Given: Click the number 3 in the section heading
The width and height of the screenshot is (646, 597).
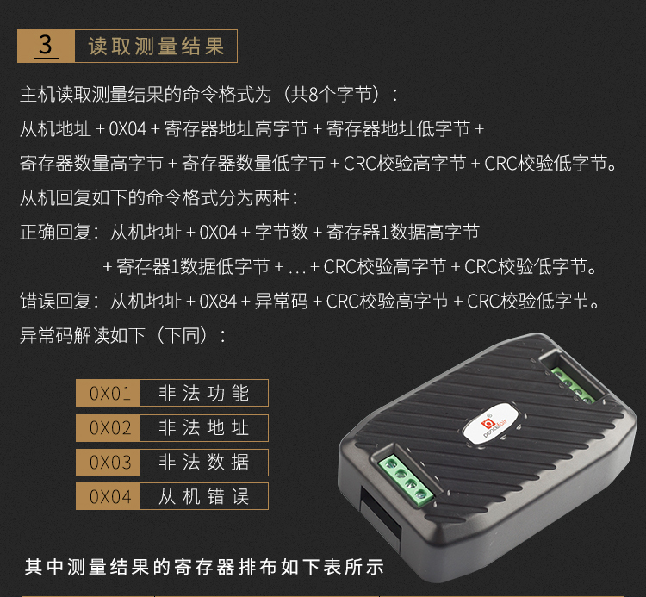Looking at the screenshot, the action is pos(46,45).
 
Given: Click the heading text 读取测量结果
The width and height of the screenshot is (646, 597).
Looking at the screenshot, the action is pos(156,46).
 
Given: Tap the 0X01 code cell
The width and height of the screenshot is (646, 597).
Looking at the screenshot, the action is pos(109,393).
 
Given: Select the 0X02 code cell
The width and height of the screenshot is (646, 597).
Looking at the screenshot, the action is pos(109,427).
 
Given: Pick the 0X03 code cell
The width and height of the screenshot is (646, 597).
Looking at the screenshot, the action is pos(109,463).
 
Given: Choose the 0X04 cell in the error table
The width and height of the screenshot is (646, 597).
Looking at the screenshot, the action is pos(109,496).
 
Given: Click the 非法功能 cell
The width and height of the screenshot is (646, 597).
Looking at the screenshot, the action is pos(204,393).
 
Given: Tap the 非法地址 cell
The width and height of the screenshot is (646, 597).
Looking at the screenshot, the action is pos(204,427).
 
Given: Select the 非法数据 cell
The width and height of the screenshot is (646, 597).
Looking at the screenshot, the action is pos(204,463).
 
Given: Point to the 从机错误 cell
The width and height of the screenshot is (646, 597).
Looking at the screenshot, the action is pos(204,496).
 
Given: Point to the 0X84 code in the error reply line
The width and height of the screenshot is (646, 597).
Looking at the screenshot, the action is pos(218,302).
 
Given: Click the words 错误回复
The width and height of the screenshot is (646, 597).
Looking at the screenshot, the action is pos(56,302).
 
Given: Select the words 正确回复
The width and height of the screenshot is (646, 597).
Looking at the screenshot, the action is pos(56,233).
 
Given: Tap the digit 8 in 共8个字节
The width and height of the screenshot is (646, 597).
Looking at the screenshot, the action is pos(314,95).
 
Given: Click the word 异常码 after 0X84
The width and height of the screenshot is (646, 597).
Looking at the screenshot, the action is pos(282,302).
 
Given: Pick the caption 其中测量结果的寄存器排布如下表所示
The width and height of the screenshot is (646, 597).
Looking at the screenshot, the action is pos(204,567).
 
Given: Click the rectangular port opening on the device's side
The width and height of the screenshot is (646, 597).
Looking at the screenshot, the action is pos(380,514).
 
